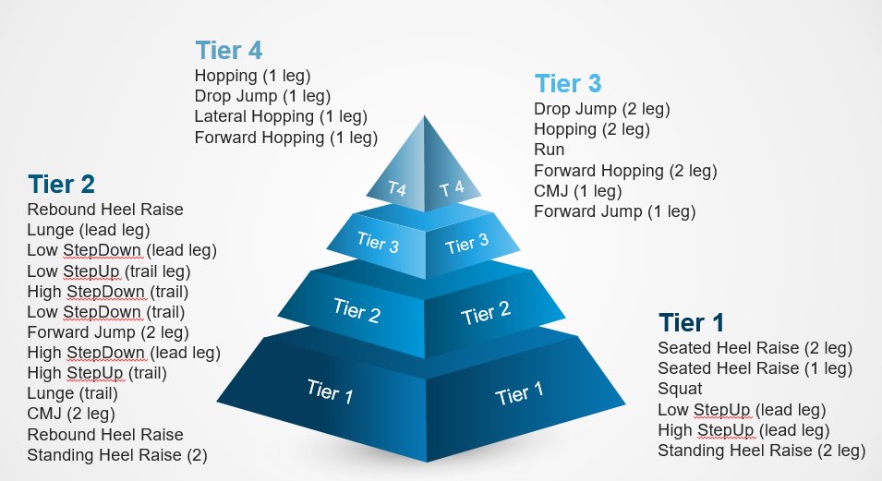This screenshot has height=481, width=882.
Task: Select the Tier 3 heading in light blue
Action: click(x=568, y=84)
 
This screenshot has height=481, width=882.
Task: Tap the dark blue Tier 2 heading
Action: click(x=61, y=184)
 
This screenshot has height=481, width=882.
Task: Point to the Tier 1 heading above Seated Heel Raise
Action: click(x=691, y=323)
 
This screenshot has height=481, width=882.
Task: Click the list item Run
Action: click(x=549, y=150)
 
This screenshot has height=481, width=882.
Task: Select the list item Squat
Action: click(x=680, y=389)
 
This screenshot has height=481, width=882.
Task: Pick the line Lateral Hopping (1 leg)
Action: click(x=281, y=116)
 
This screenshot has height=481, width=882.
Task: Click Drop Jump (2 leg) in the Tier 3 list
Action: click(x=601, y=108)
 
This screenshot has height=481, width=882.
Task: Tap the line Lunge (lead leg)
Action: click(x=89, y=230)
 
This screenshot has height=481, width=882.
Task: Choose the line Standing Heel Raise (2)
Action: click(x=117, y=454)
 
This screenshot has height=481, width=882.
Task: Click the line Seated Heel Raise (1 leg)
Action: click(x=755, y=368)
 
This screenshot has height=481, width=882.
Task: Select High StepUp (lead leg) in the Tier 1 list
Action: click(x=743, y=430)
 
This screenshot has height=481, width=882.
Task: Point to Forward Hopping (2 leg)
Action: click(x=625, y=171)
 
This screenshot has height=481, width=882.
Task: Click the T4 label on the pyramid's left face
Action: click(x=397, y=188)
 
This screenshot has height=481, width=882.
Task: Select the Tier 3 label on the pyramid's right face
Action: click(x=466, y=245)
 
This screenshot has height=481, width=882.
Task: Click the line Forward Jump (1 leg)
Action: click(x=613, y=211)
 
